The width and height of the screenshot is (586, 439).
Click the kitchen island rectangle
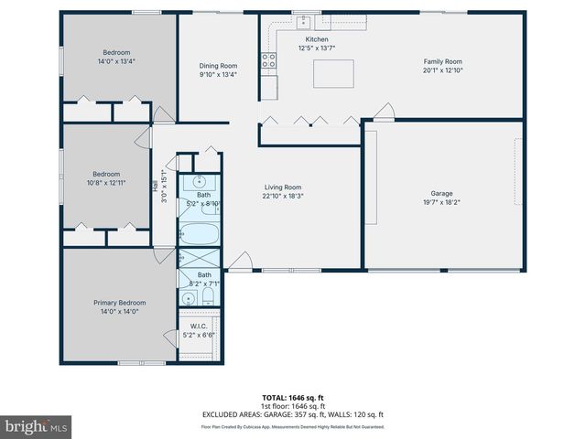click(333, 73)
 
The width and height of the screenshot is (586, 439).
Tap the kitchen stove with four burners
click(269, 61)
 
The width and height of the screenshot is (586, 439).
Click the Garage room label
click(442, 193)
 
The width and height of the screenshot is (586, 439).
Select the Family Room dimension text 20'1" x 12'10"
click(441, 70)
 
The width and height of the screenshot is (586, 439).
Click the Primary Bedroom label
click(119, 303)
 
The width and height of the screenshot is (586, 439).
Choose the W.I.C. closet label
click(200, 327)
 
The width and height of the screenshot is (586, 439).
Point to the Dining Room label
click(218, 66)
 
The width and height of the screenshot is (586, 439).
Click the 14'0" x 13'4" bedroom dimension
click(117, 61)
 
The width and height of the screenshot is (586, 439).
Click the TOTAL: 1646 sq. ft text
click(292, 398)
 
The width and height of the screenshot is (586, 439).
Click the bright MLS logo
click(36, 426)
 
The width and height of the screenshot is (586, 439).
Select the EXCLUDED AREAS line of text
click(292, 414)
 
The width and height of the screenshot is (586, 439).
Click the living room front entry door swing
click(240, 263)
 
